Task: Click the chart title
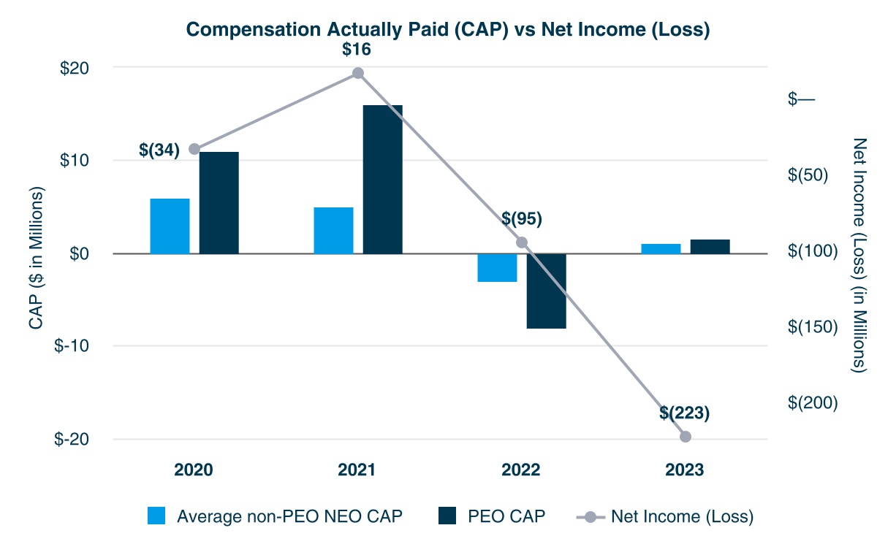coord(447,30)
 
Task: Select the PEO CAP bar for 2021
coord(383,179)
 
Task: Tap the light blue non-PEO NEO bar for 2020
coord(170,226)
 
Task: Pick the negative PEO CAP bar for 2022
coord(547,291)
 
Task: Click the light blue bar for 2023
coord(661,248)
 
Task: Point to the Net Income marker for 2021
coord(358,73)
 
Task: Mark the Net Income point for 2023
coord(686,437)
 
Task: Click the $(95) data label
coord(522,218)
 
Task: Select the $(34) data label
coord(159,150)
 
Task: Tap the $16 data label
coord(357,50)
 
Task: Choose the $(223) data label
coord(685,413)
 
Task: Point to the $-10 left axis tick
coord(72,345)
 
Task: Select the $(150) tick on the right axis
coord(813,326)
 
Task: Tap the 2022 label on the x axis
coord(521,470)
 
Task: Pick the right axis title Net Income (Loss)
coord(859,256)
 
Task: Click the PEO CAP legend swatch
coord(447,516)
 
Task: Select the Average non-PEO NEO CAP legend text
coord(289,516)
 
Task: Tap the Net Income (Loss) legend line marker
coord(591,516)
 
